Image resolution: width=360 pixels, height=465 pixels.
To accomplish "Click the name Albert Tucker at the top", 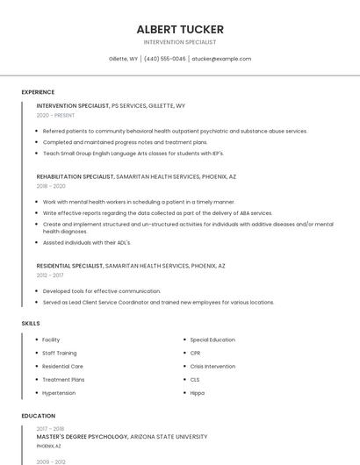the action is [x=180, y=29].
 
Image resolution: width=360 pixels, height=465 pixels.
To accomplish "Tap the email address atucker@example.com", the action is [x=221, y=59].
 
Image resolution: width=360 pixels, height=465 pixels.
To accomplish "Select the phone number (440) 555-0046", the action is [x=165, y=59].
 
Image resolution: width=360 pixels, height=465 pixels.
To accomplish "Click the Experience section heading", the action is [x=38, y=92].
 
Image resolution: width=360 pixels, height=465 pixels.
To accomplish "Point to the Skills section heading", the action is [x=31, y=324].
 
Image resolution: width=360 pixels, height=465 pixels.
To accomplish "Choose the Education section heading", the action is [x=38, y=416].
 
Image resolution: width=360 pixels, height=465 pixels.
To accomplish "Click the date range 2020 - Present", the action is [x=56, y=115].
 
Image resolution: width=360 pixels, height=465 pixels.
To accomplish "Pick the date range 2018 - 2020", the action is [x=51, y=186].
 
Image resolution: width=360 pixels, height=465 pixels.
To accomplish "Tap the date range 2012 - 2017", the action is [x=50, y=275].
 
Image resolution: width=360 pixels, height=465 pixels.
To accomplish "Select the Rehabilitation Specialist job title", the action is [x=76, y=176].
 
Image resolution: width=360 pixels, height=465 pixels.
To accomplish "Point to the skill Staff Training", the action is [x=60, y=353].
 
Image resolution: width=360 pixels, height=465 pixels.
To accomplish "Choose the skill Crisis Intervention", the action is [x=212, y=366].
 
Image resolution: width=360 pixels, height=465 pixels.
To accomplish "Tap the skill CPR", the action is [x=195, y=353].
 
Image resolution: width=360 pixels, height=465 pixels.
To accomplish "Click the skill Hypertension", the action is [x=59, y=392].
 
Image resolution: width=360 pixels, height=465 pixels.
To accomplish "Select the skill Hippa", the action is [x=198, y=392].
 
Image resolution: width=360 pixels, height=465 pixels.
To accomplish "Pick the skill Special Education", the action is [x=212, y=340].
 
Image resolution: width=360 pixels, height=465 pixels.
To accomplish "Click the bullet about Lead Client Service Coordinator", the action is [x=158, y=303].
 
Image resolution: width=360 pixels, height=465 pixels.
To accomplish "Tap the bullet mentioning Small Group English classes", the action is [x=133, y=153].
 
